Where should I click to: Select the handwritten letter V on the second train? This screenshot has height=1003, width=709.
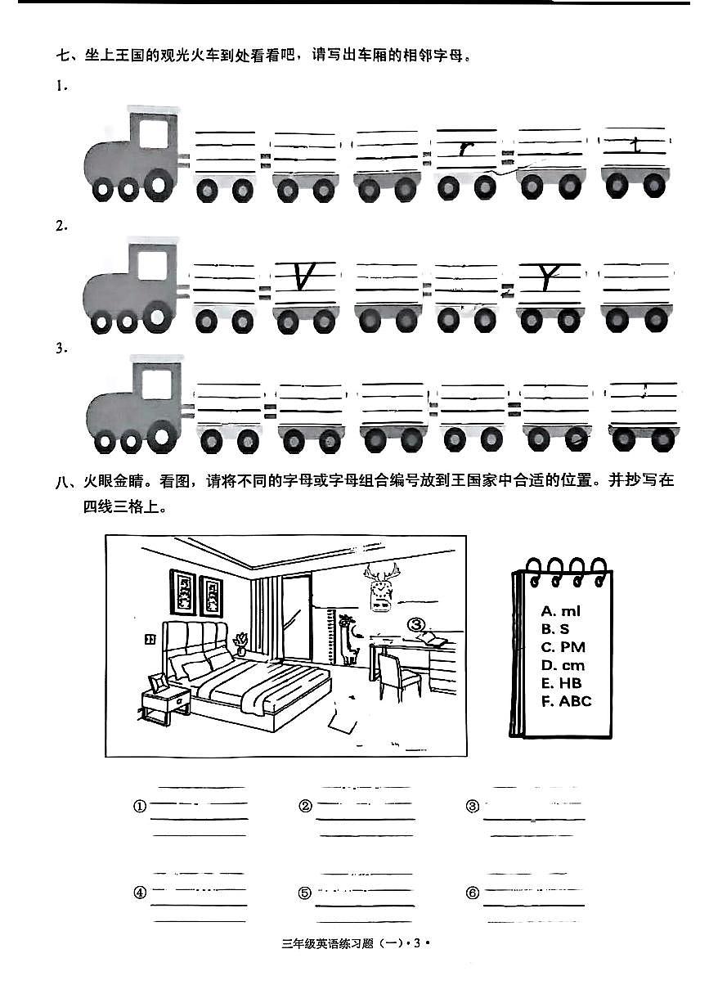coord(304,278)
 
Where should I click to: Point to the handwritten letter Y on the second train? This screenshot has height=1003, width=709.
coord(545,278)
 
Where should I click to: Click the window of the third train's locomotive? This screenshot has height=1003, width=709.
coord(156,382)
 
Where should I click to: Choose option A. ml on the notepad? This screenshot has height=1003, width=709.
coord(561,611)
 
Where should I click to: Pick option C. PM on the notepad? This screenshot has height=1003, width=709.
coord(563,647)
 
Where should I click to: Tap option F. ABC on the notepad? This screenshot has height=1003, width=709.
coord(566,701)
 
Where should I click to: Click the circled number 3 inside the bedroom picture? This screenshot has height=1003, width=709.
coord(418,625)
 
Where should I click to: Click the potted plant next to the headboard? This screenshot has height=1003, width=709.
coord(242,642)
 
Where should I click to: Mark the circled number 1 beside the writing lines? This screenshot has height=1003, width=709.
coord(139,807)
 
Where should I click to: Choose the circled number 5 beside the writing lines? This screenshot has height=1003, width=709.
coord(305,893)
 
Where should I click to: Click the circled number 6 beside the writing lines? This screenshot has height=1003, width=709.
coord(472,893)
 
